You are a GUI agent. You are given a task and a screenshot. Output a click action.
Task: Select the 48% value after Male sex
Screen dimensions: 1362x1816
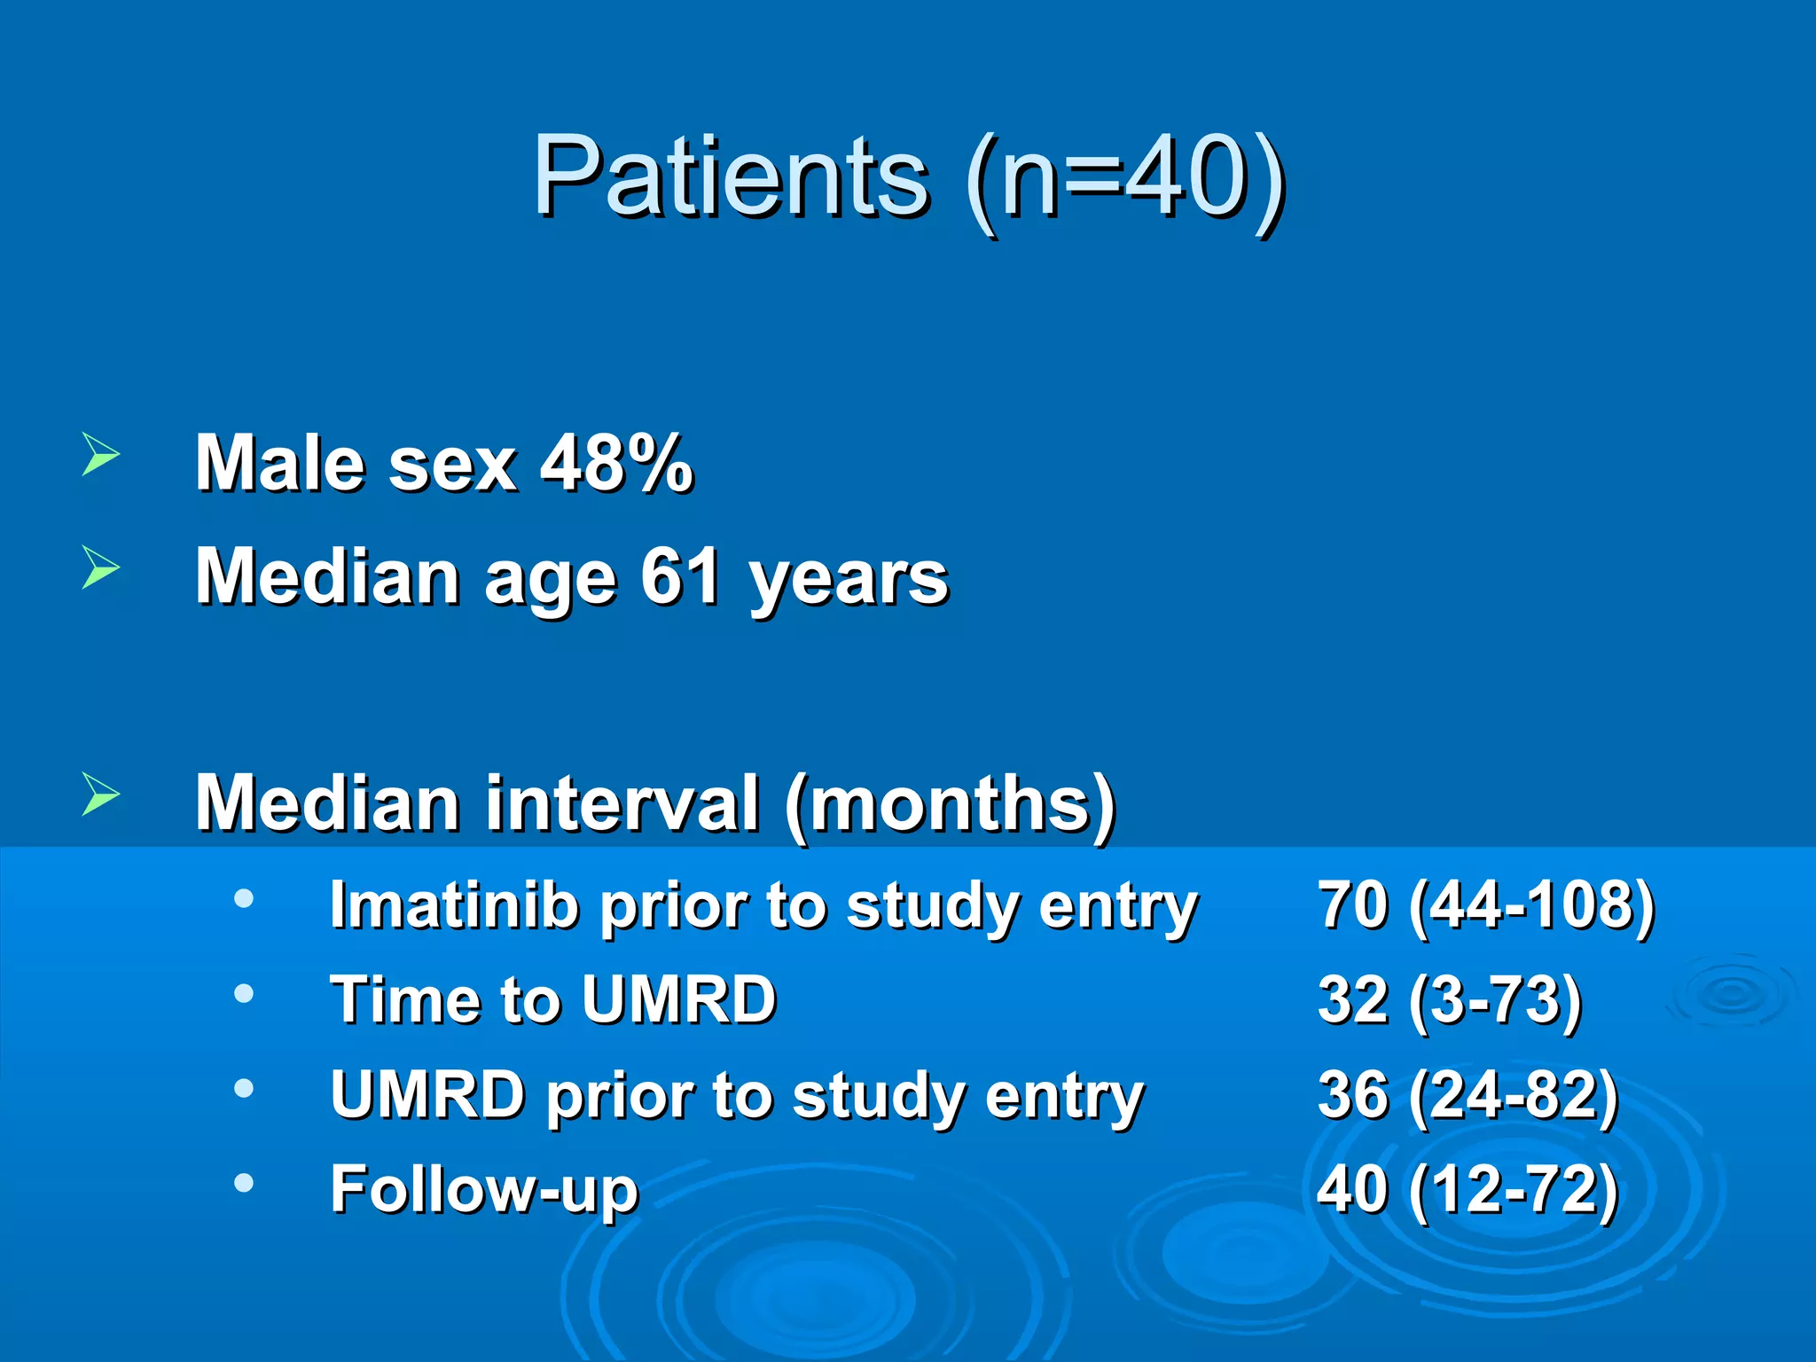pyautogui.click(x=617, y=463)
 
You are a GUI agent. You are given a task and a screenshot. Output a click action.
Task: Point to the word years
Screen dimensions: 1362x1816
pyautogui.click(x=849, y=581)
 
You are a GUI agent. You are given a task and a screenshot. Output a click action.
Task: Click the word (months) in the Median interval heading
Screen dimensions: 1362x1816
pyautogui.click(x=951, y=804)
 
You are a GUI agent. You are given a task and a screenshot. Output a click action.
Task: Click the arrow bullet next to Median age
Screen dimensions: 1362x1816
pyautogui.click(x=100, y=567)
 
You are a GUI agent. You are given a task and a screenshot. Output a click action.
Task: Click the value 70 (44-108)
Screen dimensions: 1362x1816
pyautogui.click(x=1486, y=906)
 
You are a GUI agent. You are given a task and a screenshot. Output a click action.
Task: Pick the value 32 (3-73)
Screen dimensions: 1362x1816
pyautogui.click(x=1450, y=1000)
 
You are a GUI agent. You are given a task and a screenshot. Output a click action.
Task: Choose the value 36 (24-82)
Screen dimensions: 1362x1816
pyautogui.click(x=1468, y=1095)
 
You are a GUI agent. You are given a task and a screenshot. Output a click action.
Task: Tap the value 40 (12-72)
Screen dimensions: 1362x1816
pyautogui.click(x=1468, y=1189)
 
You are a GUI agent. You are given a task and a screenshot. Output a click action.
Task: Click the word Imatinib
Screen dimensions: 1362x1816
pyautogui.click(x=452, y=906)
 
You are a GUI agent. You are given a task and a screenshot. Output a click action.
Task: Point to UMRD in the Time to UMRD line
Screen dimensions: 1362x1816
pyautogui.click(x=679, y=1000)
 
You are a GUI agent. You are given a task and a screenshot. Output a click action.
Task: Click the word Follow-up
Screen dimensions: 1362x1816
pyautogui.click(x=484, y=1189)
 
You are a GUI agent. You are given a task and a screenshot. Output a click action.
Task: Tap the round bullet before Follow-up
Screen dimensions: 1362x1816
pyautogui.click(x=244, y=1182)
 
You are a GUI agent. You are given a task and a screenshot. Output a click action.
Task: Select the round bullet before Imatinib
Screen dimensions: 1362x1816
pyautogui.click(x=244, y=899)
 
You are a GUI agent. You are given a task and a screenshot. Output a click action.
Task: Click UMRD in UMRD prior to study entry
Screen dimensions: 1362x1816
pyautogui.click(x=427, y=1095)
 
